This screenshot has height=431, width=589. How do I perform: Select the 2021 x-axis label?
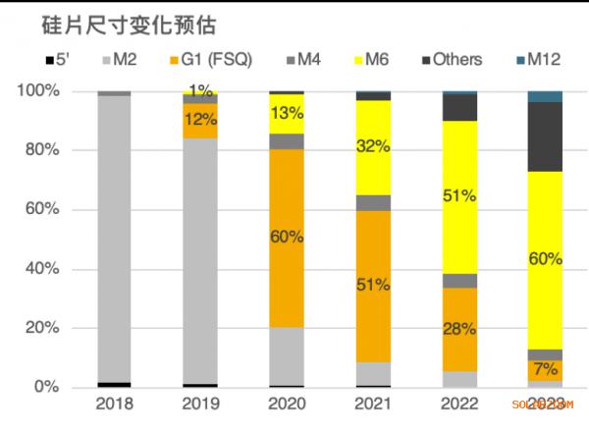[x=372, y=404]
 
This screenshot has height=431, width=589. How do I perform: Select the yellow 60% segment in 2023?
[x=545, y=260]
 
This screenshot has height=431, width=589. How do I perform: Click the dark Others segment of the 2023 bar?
[x=545, y=136]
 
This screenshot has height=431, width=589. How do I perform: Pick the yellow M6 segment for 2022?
[x=458, y=196]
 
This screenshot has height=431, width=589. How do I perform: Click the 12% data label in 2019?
[x=200, y=120]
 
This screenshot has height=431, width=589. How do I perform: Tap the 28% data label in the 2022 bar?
[x=458, y=329]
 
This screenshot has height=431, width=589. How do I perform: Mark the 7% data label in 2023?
[x=546, y=369]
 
